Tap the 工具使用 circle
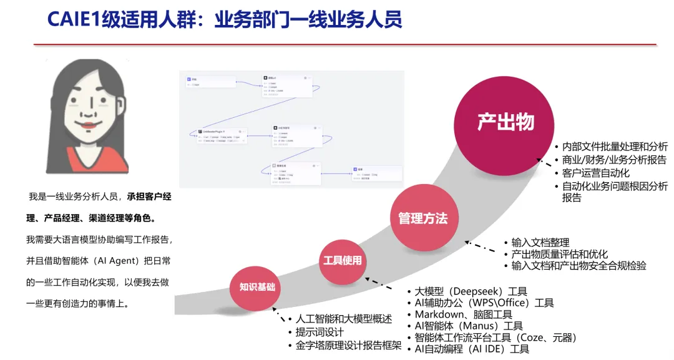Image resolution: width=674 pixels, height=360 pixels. coord(342,260)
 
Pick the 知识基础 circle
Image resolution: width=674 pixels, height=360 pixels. coord(257,288)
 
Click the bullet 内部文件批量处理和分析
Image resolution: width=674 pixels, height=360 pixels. coord(615,147)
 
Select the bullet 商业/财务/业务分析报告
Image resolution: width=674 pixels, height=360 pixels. coord(613,160)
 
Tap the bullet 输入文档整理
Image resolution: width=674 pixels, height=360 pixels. coord(540,243)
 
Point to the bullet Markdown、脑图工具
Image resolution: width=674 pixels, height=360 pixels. coord(463,314)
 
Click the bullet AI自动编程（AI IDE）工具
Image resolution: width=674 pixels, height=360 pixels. coord(472,349)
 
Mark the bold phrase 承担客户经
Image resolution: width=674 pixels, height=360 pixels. coord(149,197)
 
